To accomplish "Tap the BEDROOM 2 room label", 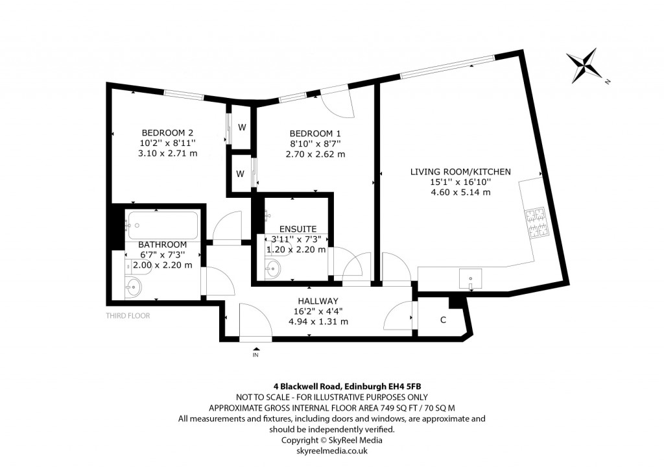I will click(167, 131).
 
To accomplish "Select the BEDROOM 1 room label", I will click(315, 132).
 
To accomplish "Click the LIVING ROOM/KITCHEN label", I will click(460, 172).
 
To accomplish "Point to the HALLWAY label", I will click(318, 301).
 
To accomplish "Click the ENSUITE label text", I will click(298, 229).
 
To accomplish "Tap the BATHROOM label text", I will click(162, 244).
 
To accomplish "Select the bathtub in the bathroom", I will click(162, 224).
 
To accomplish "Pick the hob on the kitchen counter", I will click(536, 222).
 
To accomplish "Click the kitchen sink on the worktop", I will click(469, 280).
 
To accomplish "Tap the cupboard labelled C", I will click(443, 320).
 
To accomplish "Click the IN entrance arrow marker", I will click(255, 352).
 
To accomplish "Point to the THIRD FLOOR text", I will click(128, 316).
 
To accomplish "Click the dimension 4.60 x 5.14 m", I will click(460, 192).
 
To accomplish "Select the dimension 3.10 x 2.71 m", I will click(167, 153).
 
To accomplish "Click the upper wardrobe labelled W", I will click(241, 127).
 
